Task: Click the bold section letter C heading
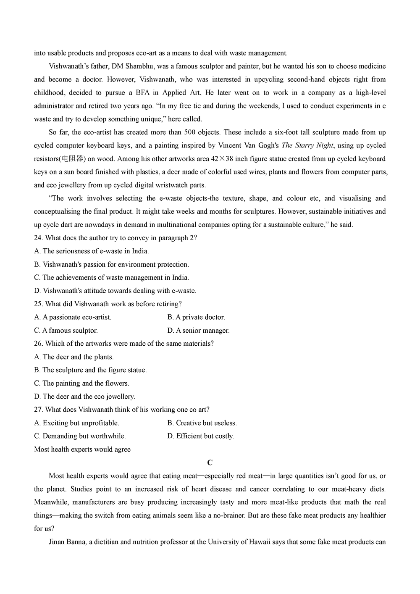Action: (210, 463)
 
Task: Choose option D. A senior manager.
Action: (198, 330)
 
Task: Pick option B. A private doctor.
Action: (196, 317)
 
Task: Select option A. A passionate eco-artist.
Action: (73, 317)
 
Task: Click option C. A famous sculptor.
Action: (66, 330)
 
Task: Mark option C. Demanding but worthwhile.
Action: (80, 436)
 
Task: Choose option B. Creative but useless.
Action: (202, 423)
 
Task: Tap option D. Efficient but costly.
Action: (200, 436)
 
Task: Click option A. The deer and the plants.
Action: (74, 357)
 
